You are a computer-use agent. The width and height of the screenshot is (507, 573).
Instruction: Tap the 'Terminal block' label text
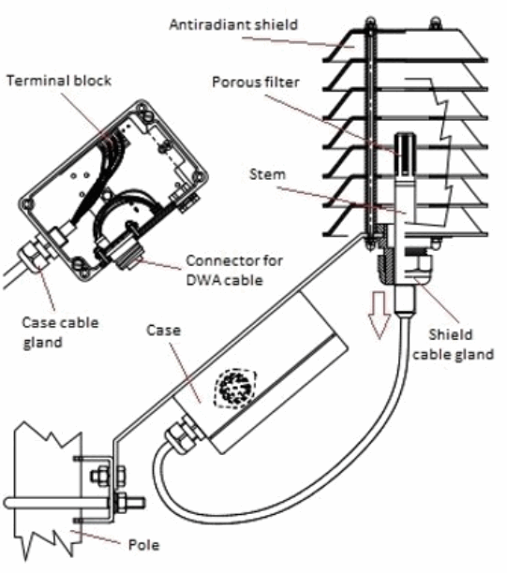[59, 81]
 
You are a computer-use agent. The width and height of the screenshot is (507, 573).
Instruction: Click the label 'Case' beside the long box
[163, 331]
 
